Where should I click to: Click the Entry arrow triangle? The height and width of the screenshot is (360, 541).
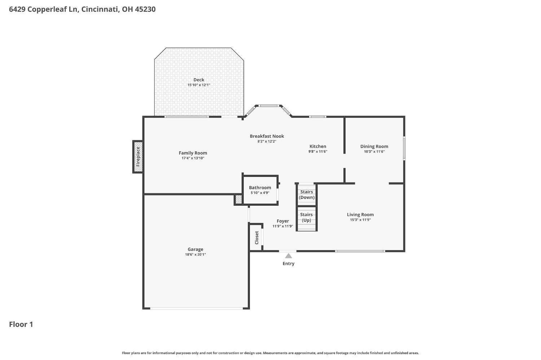(289, 256)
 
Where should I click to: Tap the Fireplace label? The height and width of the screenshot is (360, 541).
(138, 157)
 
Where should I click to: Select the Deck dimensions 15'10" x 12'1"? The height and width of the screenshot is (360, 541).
(199, 85)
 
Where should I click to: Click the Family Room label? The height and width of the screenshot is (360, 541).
(193, 153)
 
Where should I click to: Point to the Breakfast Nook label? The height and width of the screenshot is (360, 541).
(267, 136)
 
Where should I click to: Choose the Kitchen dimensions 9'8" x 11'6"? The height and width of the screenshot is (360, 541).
(318, 151)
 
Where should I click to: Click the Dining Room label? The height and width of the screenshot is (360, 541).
(374, 146)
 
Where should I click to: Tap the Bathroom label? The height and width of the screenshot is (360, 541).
(260, 187)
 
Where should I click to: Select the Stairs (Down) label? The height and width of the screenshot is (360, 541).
(307, 195)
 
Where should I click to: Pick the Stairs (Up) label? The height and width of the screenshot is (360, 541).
(306, 217)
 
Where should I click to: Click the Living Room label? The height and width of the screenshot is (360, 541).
(360, 214)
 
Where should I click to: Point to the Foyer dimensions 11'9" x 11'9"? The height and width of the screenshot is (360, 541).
(282, 226)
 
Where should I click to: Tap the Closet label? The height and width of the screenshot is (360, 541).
(256, 238)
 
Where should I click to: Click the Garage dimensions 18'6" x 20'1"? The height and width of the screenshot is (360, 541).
(195, 254)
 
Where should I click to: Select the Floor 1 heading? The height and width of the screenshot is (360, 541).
(21, 324)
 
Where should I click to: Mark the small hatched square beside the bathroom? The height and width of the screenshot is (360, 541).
(238, 199)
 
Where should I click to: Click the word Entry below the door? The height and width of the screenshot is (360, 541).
(289, 263)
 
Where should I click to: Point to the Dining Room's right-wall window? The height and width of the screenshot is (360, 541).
(404, 148)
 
